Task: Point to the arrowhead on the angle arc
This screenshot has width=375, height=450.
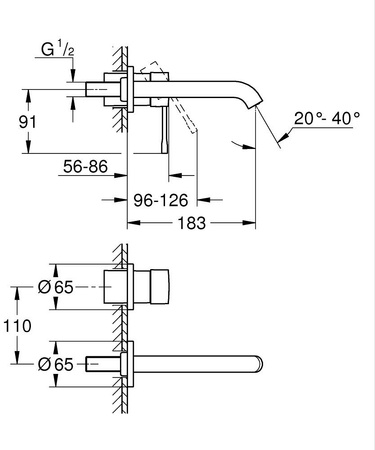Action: (231, 143)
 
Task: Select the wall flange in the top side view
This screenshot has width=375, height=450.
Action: (129, 87)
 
